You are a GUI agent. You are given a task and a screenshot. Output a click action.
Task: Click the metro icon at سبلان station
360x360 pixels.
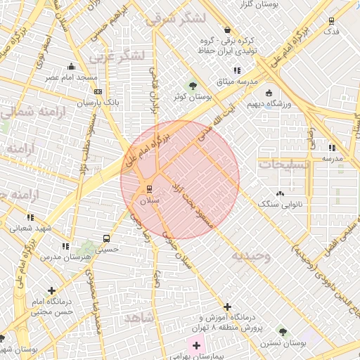[148, 188]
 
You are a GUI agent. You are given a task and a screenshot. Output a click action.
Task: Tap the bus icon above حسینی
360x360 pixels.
[106, 238]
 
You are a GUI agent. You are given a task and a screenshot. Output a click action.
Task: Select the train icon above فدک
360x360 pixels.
[330, 20]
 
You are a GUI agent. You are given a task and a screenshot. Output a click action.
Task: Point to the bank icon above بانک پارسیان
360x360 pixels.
[98, 91]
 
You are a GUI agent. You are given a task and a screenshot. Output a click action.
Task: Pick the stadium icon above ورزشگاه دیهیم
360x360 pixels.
[269, 93]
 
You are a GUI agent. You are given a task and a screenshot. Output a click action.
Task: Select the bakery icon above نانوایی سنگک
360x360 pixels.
[281, 193]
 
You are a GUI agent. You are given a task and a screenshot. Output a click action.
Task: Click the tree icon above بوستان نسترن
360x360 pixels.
[281, 330]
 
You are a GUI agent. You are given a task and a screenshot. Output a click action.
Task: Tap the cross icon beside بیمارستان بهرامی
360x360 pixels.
[196, 345]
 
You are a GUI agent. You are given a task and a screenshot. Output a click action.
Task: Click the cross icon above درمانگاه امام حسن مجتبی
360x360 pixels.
[51, 290]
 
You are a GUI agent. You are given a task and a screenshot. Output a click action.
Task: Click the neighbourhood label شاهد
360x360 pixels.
[139, 319]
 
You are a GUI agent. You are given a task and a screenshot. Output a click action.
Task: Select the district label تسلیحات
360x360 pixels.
[284, 164]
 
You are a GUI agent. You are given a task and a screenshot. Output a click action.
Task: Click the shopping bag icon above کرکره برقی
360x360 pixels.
[227, 30]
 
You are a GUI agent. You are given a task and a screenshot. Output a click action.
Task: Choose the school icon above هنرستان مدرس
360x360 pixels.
[65, 246]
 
